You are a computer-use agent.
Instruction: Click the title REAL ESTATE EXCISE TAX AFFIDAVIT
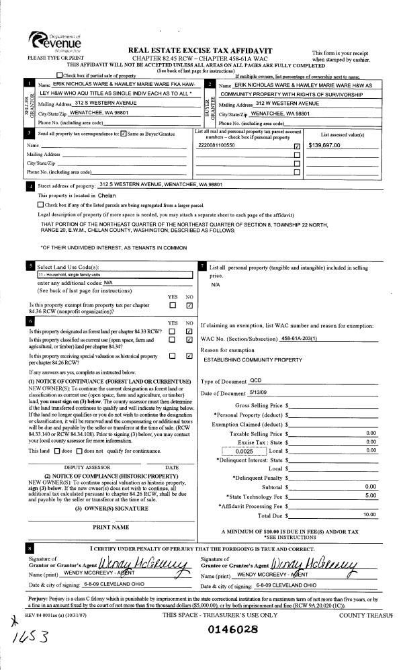[213, 50]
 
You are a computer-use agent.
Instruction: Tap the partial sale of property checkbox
[62, 75]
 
